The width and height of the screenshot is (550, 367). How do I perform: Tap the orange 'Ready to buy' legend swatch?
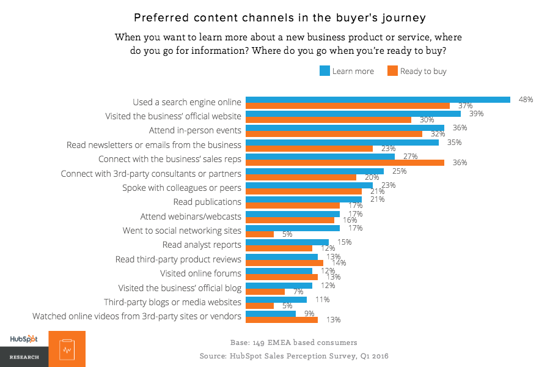coord(392,71)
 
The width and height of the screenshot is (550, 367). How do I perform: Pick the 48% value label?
coord(526,99)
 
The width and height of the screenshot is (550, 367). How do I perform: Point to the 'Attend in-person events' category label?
coord(195,131)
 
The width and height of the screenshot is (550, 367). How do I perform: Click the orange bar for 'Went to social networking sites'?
coord(259,234)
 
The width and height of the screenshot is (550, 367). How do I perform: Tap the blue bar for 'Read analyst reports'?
coord(287,242)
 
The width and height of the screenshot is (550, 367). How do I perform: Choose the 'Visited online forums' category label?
coord(200,273)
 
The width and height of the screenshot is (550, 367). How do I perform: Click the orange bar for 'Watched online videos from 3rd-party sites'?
coord(281,319)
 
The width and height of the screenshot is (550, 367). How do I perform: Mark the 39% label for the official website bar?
coord(476,114)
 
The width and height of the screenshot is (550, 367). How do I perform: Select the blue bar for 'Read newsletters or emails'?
coord(342,143)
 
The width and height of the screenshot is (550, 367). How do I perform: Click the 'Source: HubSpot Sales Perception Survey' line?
coord(294,356)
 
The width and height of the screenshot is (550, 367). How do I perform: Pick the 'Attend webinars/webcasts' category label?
coord(191,217)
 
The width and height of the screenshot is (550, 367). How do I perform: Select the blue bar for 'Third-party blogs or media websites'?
coord(276,300)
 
